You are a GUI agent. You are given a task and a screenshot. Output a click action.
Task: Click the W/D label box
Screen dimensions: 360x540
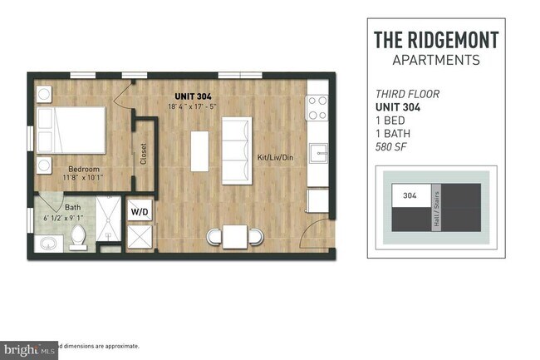pos(139,212)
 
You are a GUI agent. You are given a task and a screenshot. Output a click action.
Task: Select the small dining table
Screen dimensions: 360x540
pos(234,237)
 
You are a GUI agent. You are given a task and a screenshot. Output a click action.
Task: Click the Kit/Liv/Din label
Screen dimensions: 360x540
pos(277,155)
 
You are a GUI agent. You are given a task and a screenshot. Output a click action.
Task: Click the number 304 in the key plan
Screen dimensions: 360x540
pos(409,196)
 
